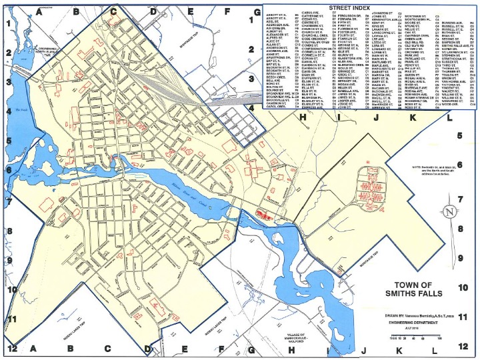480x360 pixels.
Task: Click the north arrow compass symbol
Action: click(451, 211)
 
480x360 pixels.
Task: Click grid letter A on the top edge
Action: click(39, 11)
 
